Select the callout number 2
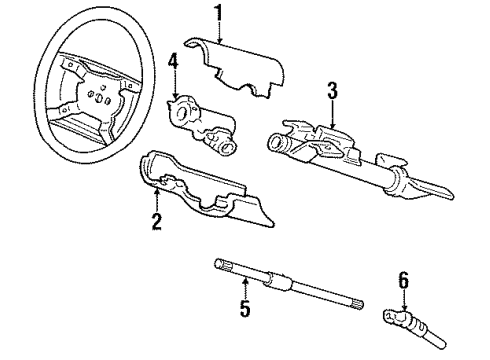(155, 223)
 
